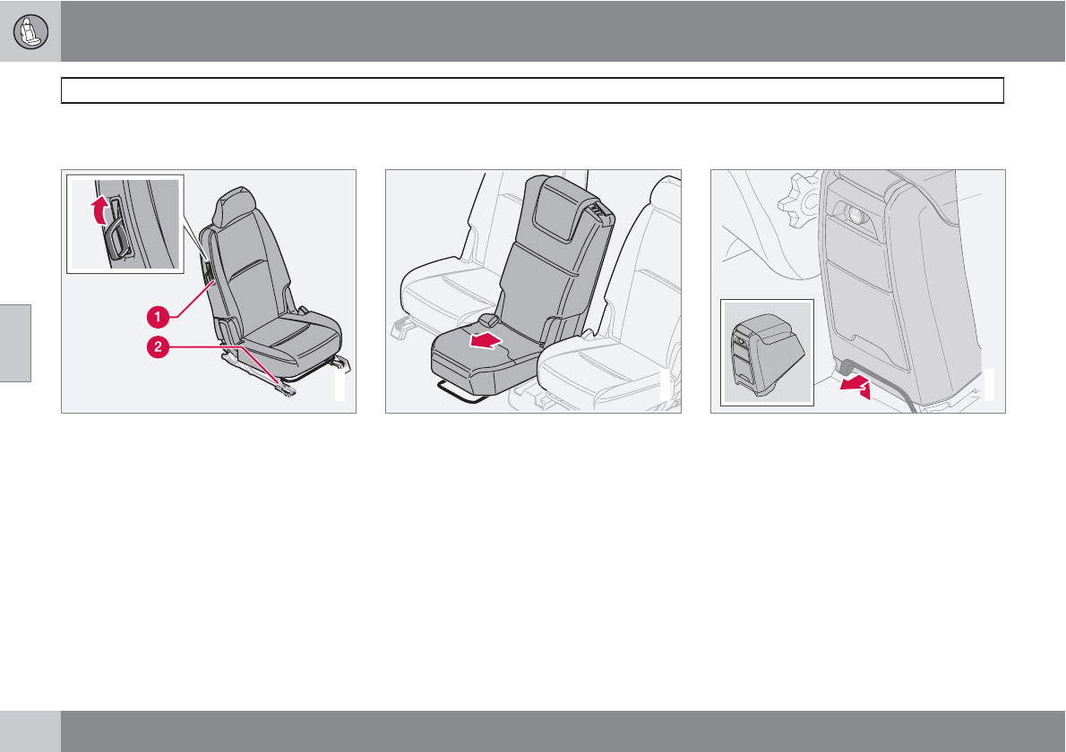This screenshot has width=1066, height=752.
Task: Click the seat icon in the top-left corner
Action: click(x=30, y=31)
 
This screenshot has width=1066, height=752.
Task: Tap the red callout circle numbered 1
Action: click(x=158, y=317)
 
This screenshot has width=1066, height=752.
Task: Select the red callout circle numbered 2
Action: click(x=158, y=347)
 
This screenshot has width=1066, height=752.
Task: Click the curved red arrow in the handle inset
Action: click(x=100, y=209)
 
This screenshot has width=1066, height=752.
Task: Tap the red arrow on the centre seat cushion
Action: click(x=487, y=340)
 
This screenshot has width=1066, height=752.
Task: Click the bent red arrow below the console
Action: click(x=855, y=387)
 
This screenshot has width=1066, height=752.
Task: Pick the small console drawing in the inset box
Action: click(x=767, y=352)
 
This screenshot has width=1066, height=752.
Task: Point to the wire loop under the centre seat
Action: click(x=463, y=393)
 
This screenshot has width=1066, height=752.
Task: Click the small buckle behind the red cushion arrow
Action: click(x=489, y=320)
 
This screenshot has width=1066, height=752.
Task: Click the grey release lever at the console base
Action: click(x=847, y=371)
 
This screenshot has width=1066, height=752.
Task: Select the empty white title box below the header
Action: click(x=532, y=90)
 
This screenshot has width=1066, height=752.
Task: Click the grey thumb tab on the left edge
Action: click(x=15, y=343)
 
